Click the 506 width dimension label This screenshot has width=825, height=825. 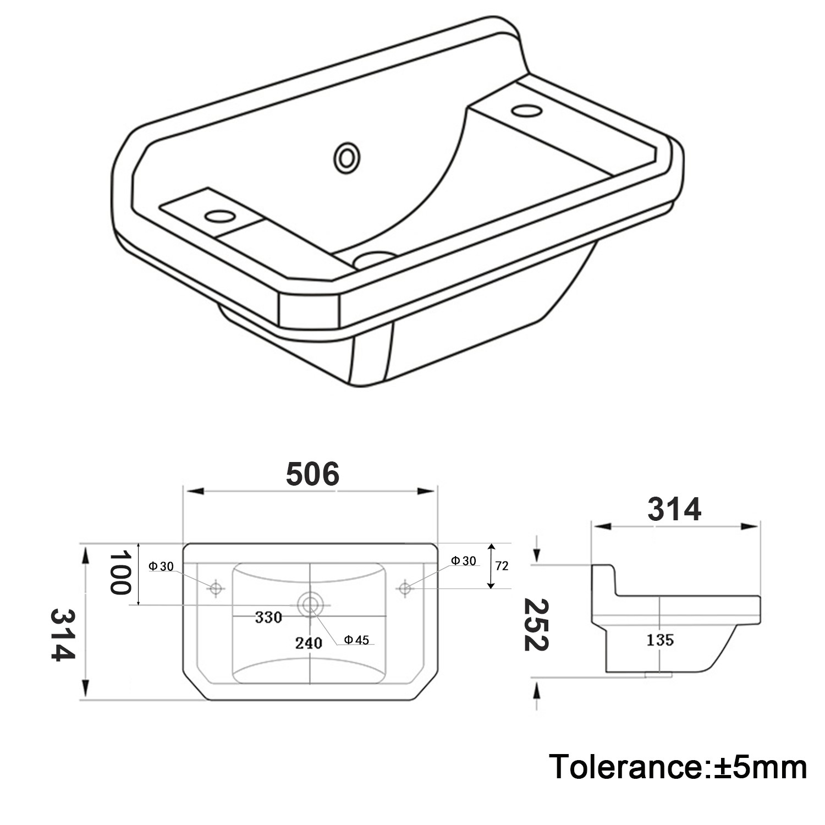click(312, 474)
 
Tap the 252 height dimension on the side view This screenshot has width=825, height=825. click(536, 625)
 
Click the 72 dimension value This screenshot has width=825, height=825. click(502, 565)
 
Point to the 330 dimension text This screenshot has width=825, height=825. click(268, 617)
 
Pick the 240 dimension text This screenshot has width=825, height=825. click(308, 642)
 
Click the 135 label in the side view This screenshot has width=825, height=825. click(660, 640)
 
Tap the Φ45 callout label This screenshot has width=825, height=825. click(356, 640)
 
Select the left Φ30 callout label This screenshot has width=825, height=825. click(161, 566)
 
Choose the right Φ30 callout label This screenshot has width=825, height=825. click(463, 560)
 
